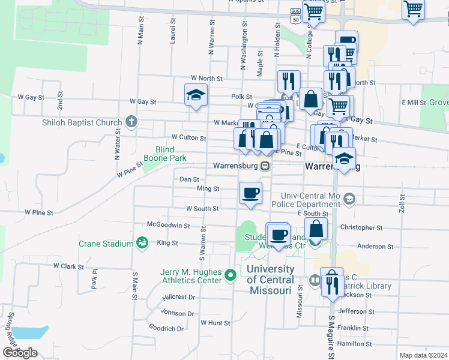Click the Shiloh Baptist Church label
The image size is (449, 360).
tap(82, 123)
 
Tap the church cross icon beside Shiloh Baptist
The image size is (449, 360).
tap(132, 122)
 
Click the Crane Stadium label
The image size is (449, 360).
tap(105, 244)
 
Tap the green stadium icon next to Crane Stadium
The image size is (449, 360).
tap(142, 242)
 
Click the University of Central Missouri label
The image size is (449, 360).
tap(270, 280)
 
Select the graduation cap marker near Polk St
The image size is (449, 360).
tap(195, 94)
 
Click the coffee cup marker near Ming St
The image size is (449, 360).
tap(250, 193)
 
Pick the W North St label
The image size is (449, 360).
tap(206, 79)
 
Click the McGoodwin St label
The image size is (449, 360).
tap(169, 226)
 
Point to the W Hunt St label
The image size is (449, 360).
tap(215, 323)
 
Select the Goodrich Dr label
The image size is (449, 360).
tap(166, 328)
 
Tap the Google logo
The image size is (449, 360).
tap(20, 352)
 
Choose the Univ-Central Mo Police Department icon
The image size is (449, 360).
tap(350, 199)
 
